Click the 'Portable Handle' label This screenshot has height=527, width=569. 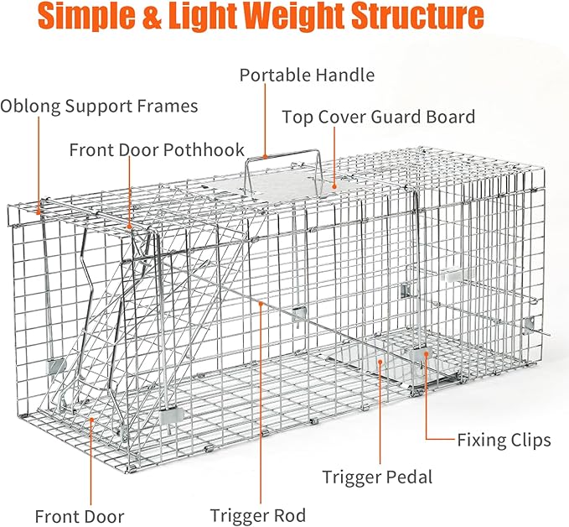tap(307, 76)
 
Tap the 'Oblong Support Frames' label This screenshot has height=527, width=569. tap(99, 107)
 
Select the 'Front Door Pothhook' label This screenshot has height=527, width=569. tap(157, 150)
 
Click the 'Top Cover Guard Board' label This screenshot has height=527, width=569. tap(378, 117)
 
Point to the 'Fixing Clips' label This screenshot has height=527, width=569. tap(504, 440)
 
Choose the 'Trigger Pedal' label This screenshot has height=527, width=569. tap(377, 477)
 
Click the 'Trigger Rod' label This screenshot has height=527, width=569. tap(257, 515)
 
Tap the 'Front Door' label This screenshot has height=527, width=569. tap(79, 516)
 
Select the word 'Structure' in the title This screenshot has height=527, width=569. tap(421, 18)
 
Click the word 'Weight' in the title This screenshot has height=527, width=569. tap(310, 18)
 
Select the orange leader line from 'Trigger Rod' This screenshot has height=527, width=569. tap(260, 403)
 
